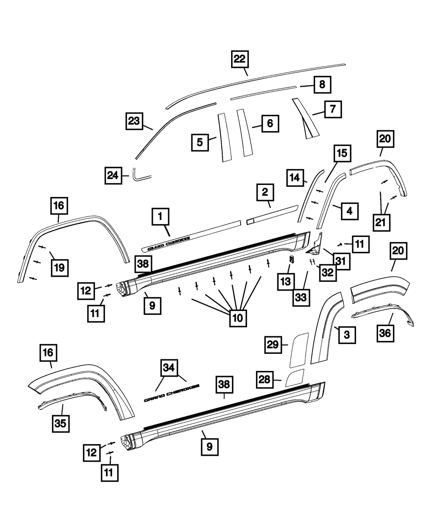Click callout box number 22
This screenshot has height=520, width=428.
point(241,60)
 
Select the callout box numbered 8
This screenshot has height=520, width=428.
point(322,85)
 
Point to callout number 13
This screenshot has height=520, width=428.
point(285,281)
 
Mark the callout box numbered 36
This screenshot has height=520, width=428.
point(386,334)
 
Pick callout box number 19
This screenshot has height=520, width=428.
point(59,268)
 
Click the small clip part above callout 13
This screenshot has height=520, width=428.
point(291,259)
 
